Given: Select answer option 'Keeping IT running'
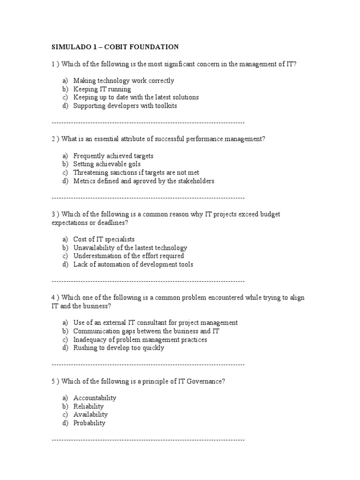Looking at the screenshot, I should (102, 89).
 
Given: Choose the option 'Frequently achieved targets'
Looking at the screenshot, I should (113, 156).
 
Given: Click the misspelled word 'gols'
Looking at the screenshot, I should (135, 164).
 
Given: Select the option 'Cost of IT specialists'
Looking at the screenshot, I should (104, 239).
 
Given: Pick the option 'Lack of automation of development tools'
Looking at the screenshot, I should (133, 264).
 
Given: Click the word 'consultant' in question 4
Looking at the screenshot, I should (161, 322).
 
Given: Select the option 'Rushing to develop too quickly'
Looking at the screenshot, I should (119, 348).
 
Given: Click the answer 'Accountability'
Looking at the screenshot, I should (95, 397).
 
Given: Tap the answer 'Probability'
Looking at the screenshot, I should (89, 423).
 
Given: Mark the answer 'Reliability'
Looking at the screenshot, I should (89, 406).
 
